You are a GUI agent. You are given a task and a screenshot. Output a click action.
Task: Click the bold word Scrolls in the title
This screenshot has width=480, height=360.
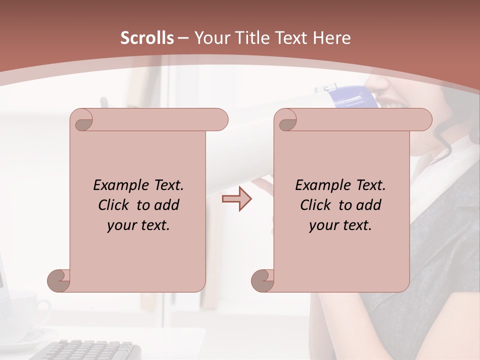click(x=147, y=37)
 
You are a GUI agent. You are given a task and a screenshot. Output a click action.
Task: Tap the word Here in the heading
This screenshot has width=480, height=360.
click(x=331, y=37)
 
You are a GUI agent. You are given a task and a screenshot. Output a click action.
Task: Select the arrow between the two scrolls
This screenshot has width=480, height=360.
click(x=236, y=198)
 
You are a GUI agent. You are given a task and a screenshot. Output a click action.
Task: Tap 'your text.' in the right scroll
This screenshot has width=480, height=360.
click(x=340, y=225)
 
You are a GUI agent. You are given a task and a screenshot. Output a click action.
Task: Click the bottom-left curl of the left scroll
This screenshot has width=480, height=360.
click(x=59, y=280)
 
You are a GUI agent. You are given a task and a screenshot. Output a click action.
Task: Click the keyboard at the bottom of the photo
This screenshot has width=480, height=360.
click(x=92, y=349)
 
